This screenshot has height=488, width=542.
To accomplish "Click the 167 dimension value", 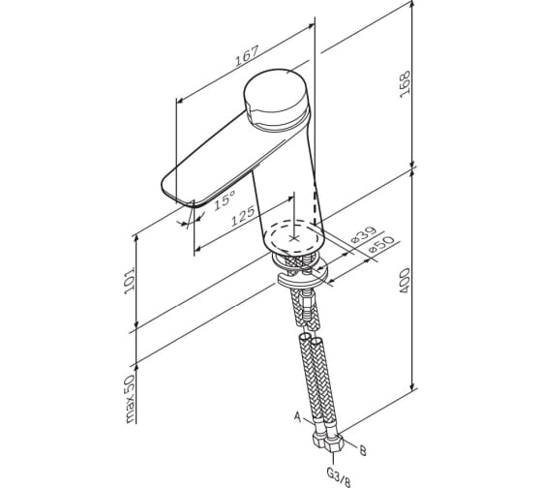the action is coord(247,56).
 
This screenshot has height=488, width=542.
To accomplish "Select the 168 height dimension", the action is coord(405,84).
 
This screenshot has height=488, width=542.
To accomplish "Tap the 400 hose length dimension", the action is coord(405,281).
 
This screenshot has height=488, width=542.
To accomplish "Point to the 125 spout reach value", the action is coord(243,216).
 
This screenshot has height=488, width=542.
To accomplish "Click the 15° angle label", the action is coord(225,199).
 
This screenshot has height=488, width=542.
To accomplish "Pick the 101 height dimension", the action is coord(130,281).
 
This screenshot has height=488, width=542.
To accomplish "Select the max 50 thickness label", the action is coord(130,399).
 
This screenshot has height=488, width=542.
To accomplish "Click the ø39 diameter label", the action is coord(363,236).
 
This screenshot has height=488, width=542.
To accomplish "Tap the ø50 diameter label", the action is coord(381,245).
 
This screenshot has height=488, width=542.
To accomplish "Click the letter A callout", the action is coord(298,416).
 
